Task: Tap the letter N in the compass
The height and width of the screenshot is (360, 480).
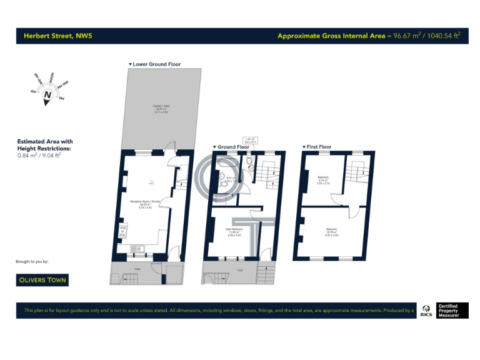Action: coord(47,94)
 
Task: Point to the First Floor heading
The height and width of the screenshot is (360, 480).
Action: coord(317,147)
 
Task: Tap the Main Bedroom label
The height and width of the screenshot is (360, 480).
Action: coord(234,229)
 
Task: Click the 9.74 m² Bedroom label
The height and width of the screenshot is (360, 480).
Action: coord(322,179)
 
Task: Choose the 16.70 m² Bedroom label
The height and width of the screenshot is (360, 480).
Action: coord(331,230)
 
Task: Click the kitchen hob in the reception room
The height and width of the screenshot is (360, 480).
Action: coord(122,231)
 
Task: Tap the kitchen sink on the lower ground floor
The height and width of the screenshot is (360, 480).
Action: coord(139,249)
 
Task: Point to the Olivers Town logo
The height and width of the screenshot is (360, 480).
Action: coord(41,280)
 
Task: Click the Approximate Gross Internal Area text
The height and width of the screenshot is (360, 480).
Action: coord(331,36)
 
